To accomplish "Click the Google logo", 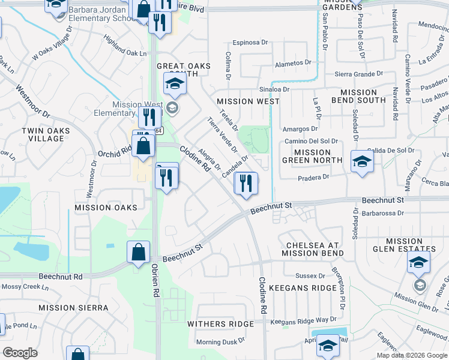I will click(x=20, y=353).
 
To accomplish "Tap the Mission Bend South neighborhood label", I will click(x=358, y=97).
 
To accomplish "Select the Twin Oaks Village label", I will click(x=43, y=134).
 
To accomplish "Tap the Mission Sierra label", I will click(x=73, y=308).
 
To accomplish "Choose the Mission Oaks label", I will click(x=106, y=207).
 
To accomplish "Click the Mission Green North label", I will click(x=312, y=157).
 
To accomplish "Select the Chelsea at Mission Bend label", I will click(x=318, y=250).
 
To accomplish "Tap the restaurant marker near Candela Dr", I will click(x=246, y=183).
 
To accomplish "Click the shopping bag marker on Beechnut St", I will click(x=138, y=252).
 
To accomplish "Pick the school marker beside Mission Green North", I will click(x=362, y=162).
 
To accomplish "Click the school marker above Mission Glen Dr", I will click(x=418, y=262).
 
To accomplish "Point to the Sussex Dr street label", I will click(x=310, y=275).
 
